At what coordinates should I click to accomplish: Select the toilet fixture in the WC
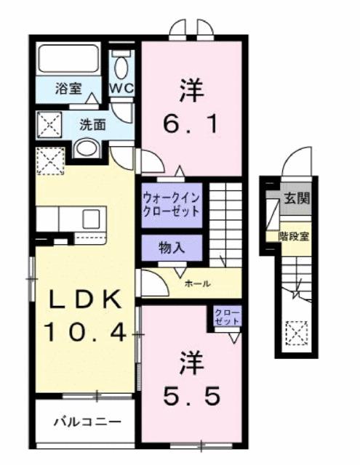pos(121,65)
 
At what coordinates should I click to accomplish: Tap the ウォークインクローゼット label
pos(171,201)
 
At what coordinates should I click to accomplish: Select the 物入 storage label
pos(172,247)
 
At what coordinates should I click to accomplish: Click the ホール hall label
pos(199,283)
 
